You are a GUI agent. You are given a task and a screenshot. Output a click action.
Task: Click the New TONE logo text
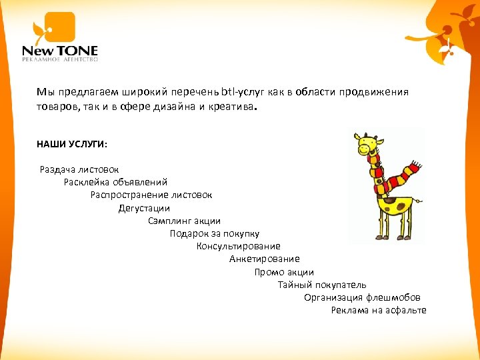click(x=60, y=50)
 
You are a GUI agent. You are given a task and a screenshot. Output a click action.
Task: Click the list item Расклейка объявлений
click(x=115, y=182)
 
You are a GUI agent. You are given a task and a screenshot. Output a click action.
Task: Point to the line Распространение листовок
click(x=151, y=195)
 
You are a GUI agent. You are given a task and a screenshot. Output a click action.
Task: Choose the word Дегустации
click(x=144, y=208)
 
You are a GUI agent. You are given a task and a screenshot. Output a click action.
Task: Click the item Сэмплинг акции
click(x=184, y=221)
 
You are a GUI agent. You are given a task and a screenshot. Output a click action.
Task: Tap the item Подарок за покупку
click(x=214, y=234)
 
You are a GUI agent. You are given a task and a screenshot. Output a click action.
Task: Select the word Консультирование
click(x=238, y=247)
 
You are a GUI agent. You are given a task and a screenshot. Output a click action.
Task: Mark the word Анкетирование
click(x=264, y=259)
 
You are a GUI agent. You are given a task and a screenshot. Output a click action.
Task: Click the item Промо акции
click(x=283, y=272)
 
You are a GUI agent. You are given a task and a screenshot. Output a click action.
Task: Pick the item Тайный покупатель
click(x=313, y=285)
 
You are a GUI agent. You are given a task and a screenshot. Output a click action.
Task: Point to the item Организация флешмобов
click(x=362, y=297)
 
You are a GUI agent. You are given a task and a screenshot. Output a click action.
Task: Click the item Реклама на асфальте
click(x=378, y=311)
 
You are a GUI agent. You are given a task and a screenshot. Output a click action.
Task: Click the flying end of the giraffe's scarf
click(x=412, y=167)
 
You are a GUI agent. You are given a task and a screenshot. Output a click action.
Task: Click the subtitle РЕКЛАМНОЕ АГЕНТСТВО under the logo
click(x=60, y=59)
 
